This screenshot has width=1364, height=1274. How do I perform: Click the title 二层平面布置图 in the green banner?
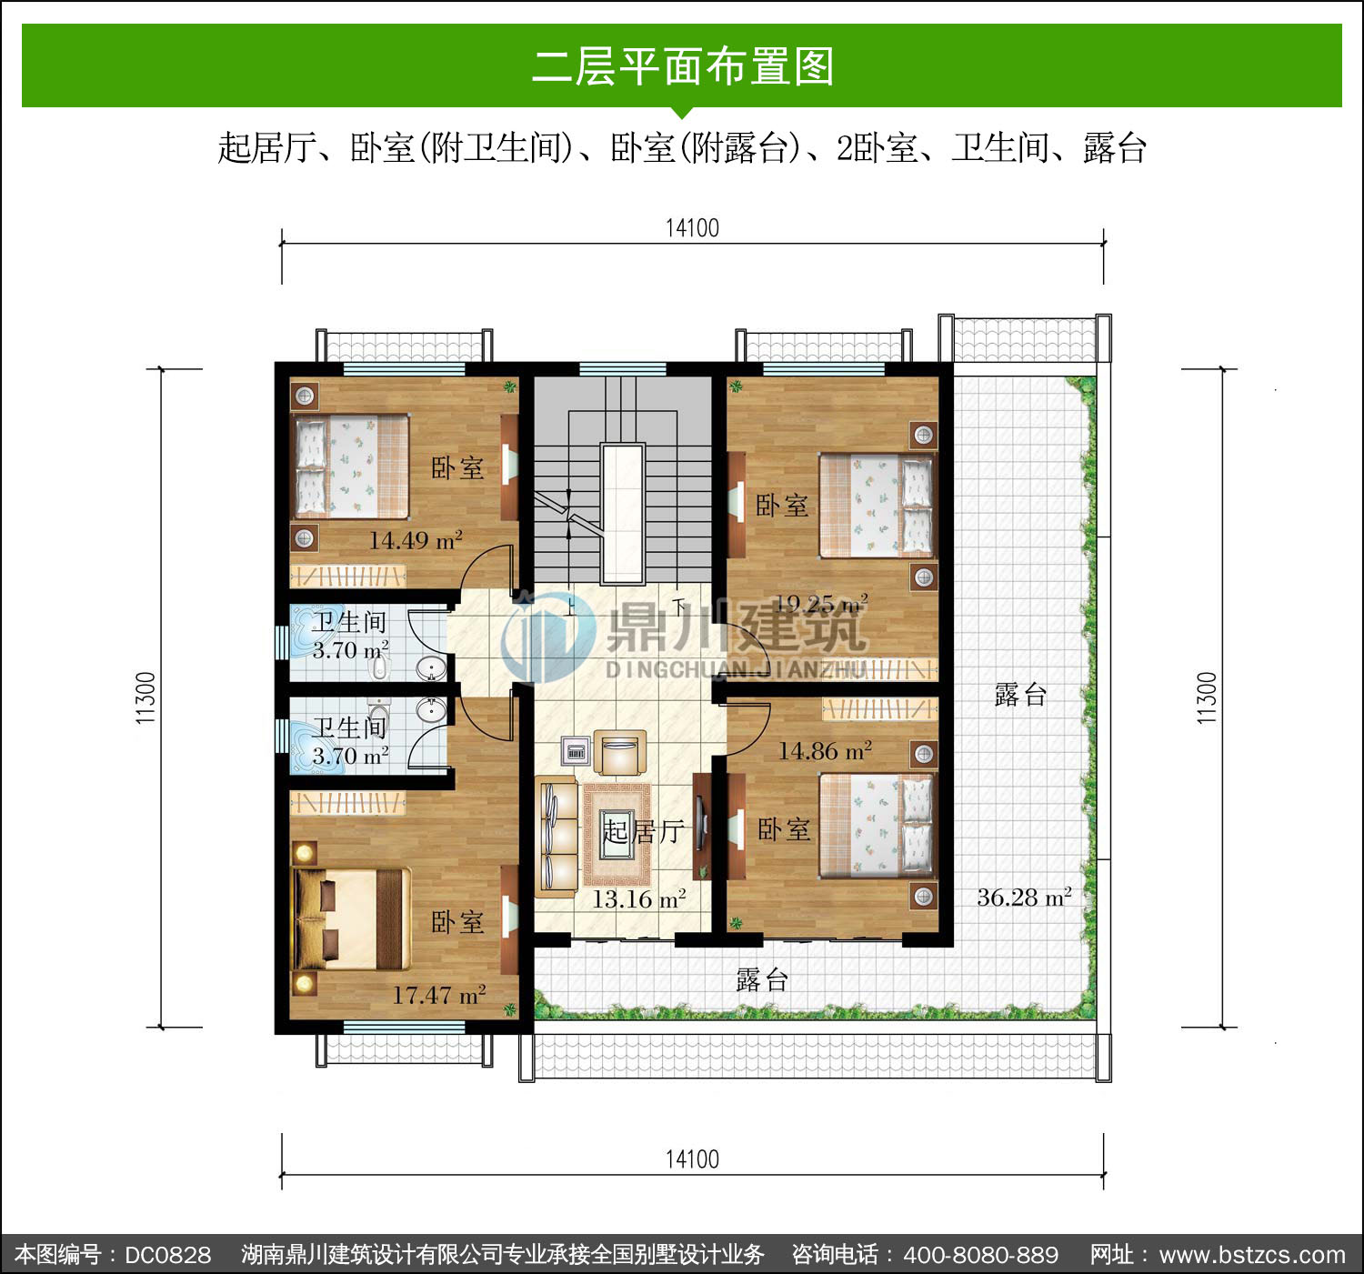click(683, 66)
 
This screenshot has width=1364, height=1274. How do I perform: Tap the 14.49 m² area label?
click(416, 540)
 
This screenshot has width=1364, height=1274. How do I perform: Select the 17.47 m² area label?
click(439, 994)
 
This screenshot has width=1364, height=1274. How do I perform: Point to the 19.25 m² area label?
click(821, 603)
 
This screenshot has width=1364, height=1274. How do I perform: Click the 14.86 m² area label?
click(825, 750)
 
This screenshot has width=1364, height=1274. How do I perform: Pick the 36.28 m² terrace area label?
click(1024, 897)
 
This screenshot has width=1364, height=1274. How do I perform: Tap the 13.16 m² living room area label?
click(638, 898)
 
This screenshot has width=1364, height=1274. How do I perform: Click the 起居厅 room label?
click(644, 831)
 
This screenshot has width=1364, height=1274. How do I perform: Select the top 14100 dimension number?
click(692, 228)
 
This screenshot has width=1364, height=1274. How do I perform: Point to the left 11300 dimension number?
click(145, 697)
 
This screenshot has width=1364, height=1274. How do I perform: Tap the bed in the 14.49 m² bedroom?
click(352, 466)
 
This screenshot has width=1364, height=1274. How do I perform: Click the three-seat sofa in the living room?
click(557, 837)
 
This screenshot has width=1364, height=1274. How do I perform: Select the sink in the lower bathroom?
click(431, 711)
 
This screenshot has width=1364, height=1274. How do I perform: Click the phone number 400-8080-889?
click(981, 1255)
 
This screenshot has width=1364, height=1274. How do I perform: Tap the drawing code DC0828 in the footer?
click(167, 1255)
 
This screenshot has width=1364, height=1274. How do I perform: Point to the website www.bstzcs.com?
click(1252, 1255)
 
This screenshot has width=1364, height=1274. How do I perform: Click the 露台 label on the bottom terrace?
click(762, 980)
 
